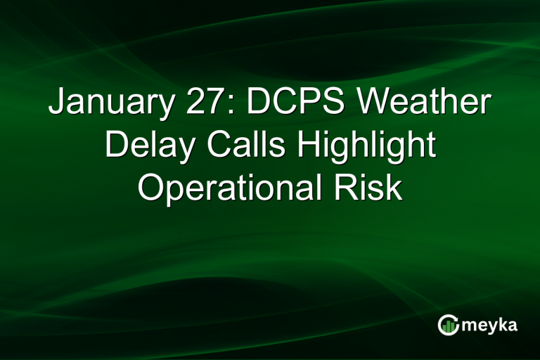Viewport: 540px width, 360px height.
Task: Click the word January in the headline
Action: point(109,106)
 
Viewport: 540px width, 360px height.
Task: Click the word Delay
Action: point(144,147)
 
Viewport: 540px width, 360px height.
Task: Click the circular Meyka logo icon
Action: point(448,325)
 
